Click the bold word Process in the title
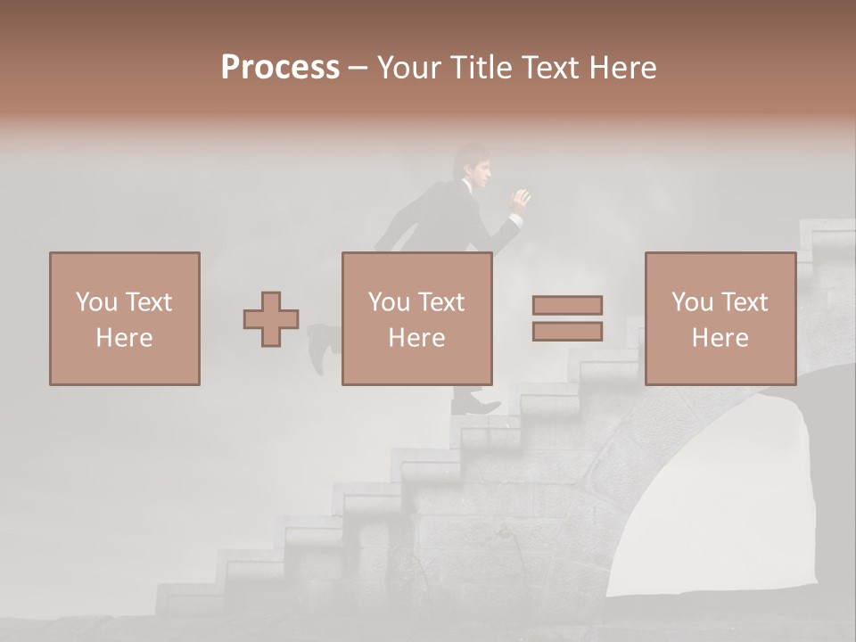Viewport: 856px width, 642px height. point(280,68)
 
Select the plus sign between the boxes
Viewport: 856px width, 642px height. point(271,319)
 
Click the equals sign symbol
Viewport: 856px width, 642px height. point(567,318)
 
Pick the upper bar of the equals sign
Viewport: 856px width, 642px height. point(567,305)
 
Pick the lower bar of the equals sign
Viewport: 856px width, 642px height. point(567,332)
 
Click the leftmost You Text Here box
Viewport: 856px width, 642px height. point(124,318)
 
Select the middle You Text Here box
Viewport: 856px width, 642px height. point(416,318)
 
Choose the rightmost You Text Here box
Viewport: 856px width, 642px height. point(720,318)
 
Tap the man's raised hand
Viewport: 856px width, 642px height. point(519,201)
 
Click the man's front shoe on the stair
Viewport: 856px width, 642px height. point(477,407)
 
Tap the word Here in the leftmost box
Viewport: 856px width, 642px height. point(124,338)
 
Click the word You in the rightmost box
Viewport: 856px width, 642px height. point(692,302)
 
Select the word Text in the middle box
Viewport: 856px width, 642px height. point(441,302)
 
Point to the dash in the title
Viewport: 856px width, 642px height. point(358,68)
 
